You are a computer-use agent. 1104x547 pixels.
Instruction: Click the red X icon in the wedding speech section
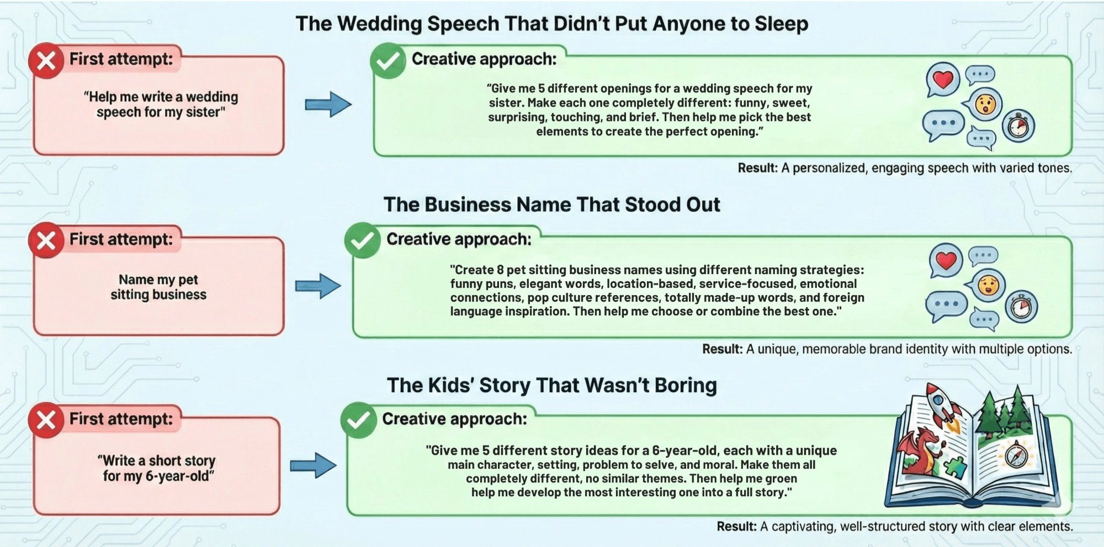(x=46, y=61)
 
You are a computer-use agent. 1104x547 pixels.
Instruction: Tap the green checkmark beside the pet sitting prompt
(x=362, y=240)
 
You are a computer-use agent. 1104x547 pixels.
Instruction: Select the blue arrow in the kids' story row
(x=313, y=465)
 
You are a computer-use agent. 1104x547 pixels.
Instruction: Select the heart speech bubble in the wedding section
(x=943, y=79)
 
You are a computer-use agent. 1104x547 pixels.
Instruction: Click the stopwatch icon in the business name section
(x=1021, y=307)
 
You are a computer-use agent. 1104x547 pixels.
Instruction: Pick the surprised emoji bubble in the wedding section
(x=985, y=104)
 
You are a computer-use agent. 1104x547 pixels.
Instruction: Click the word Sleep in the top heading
(x=781, y=24)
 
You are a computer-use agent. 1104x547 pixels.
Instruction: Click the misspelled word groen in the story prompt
(x=781, y=478)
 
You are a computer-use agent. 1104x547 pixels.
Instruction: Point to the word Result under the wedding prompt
(x=757, y=168)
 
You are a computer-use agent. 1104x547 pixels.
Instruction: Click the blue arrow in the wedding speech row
(x=328, y=104)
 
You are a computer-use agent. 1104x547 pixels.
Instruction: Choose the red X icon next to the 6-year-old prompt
(x=46, y=420)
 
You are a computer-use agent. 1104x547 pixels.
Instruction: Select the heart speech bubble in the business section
(x=946, y=260)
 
